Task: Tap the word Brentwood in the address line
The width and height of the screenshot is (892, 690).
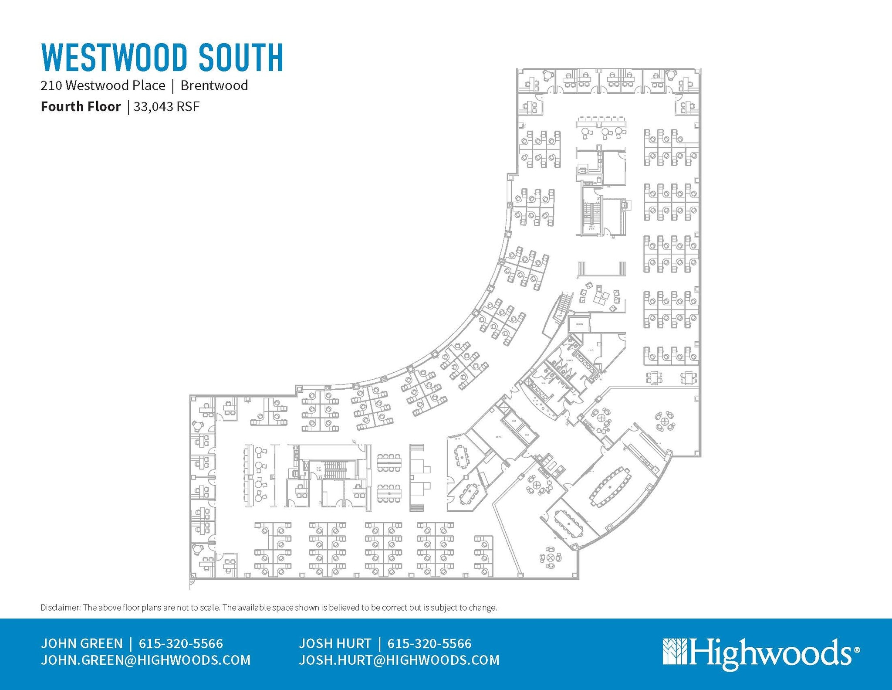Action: pos(214,85)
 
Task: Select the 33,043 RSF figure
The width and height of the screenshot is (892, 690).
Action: pos(166,107)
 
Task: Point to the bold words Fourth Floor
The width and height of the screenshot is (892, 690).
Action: pos(81,107)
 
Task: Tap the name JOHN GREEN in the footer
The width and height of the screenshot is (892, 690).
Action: pos(82,643)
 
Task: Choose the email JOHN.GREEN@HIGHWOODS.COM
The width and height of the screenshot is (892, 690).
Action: pos(145,660)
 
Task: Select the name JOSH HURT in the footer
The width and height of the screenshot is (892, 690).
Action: pos(335,643)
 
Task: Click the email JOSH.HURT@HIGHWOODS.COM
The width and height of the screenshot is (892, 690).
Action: pos(399,660)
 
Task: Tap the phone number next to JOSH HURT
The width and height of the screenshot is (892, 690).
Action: pos(429,643)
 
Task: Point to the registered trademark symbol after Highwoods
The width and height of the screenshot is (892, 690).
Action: pos(857,649)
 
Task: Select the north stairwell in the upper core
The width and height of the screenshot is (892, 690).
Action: pos(591,214)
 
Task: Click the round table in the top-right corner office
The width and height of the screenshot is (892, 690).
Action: pos(671,75)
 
